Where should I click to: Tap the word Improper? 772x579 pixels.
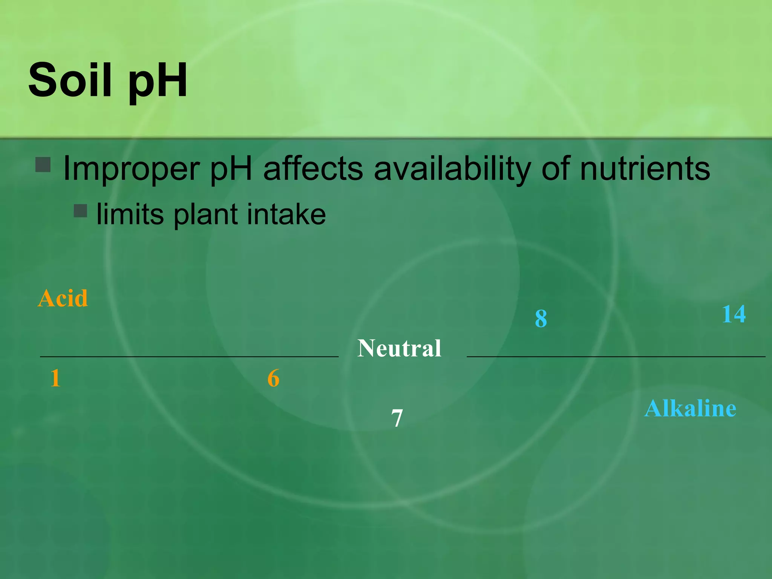point(131,169)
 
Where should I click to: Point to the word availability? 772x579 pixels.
point(452,169)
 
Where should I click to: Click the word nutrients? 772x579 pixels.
point(645,168)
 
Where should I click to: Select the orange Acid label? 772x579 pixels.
point(63,298)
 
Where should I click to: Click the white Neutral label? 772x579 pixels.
point(399,348)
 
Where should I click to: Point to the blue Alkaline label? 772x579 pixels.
point(690,408)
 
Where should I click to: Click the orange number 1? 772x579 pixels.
point(55,378)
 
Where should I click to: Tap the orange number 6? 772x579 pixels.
point(273,378)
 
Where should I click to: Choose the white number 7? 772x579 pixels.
point(397,418)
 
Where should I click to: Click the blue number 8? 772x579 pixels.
point(541,319)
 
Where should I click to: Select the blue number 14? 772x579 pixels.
point(734,314)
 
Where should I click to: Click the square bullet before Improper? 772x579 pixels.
point(43,165)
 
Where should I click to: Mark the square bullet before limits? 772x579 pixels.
point(80,211)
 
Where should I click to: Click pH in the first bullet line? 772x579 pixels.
point(230,169)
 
